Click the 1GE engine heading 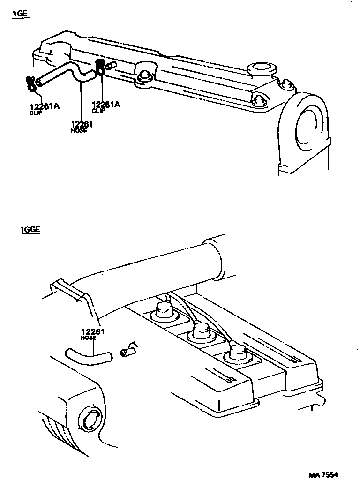point(20,14)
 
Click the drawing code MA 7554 point(323,475)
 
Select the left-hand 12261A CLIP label point(45,108)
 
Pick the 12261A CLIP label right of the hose point(105,107)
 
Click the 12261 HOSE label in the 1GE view point(82,127)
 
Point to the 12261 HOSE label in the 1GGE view point(93,334)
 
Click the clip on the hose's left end point(31,83)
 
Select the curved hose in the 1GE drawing point(66,73)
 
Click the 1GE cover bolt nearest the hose point(145,75)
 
